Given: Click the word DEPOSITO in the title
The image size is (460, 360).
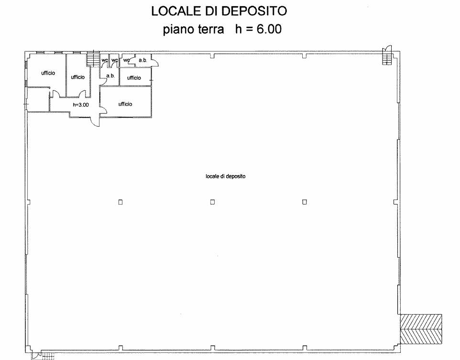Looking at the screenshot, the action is point(253,11).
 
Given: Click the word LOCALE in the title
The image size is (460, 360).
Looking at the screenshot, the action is point(175,11).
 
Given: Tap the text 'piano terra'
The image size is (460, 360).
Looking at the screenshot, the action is point(193,29).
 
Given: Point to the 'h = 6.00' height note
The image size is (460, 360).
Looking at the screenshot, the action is point(258,29).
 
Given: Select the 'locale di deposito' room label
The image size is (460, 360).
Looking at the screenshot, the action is point(226,176).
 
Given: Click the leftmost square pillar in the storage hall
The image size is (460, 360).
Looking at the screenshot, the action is point(120,202).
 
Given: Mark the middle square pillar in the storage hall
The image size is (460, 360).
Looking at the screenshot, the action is point(212,202).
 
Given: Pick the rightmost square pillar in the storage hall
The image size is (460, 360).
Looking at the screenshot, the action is point(305,202).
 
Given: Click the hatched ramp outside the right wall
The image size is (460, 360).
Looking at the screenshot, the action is point(421,329).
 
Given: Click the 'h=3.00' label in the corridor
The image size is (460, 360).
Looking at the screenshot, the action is point(81,104).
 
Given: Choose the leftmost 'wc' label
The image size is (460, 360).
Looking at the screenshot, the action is point(104,60).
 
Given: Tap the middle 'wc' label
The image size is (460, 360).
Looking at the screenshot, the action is point(114,60).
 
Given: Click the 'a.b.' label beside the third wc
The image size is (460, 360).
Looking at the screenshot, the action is point(143,60).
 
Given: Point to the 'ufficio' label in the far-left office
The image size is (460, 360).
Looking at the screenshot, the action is point(48,73).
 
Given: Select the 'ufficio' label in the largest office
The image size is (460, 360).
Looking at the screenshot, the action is point(125,104).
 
